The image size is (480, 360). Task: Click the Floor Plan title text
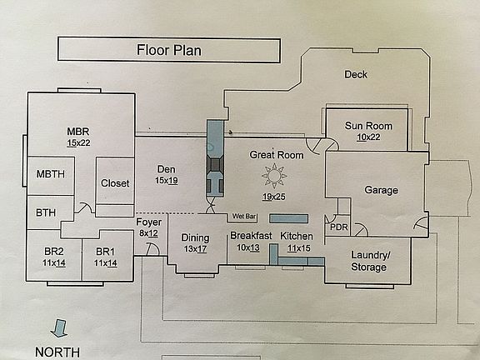[x=169, y=50]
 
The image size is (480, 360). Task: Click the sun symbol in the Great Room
[x=272, y=176]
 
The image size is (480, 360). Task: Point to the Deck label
[x=356, y=74]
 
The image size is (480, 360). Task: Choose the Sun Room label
[x=368, y=126]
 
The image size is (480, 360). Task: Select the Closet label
[x=115, y=183]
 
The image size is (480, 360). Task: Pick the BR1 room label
[x=105, y=252]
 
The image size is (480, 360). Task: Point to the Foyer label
[x=148, y=222]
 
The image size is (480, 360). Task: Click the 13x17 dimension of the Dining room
[x=196, y=248]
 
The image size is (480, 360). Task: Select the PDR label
[x=338, y=227]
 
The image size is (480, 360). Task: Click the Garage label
[x=381, y=190]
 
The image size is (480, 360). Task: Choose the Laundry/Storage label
[x=368, y=261]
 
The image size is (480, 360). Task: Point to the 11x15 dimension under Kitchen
[x=297, y=247]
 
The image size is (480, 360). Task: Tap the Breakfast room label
[x=251, y=236]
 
